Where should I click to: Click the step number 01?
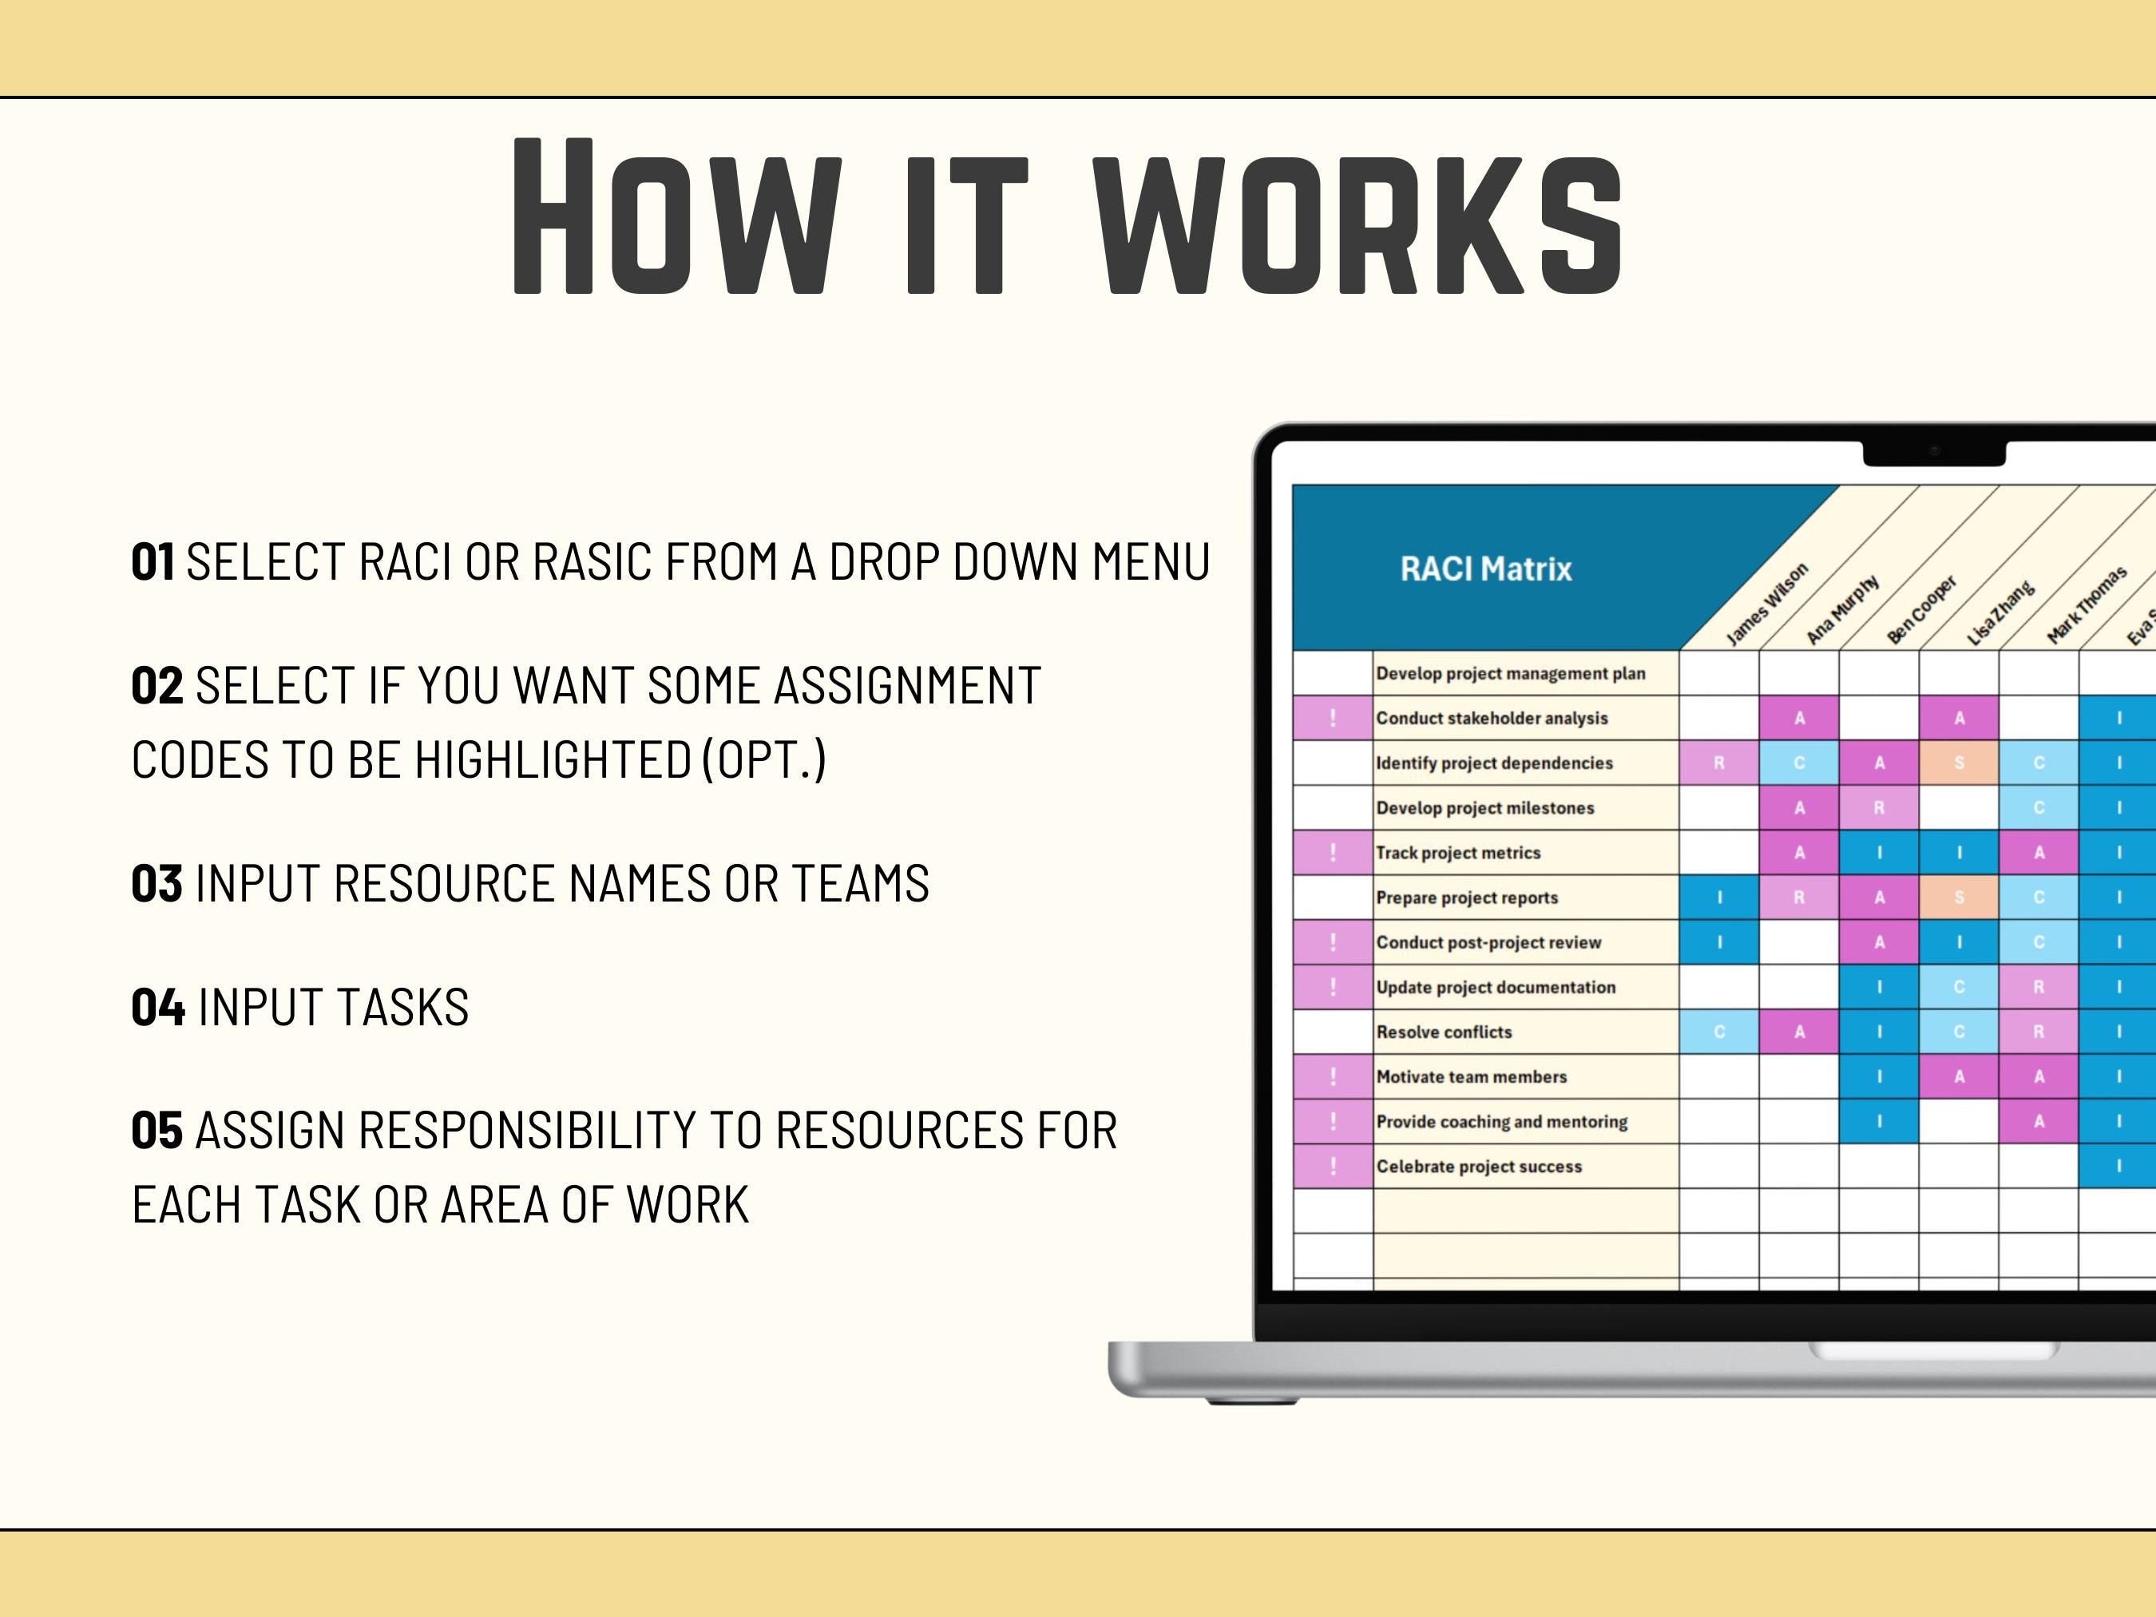pyautogui.click(x=153, y=562)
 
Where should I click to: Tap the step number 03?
pyautogui.click(x=157, y=884)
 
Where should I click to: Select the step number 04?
pyautogui.click(x=158, y=1008)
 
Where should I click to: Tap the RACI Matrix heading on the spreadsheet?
pyautogui.click(x=1485, y=569)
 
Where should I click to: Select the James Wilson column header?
pyautogui.click(x=1766, y=604)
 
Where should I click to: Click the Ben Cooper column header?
pyautogui.click(x=1921, y=610)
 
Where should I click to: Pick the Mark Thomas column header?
pyautogui.click(x=2086, y=605)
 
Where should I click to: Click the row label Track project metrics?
pyautogui.click(x=1458, y=853)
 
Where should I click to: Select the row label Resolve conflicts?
pyautogui.click(x=1444, y=1032)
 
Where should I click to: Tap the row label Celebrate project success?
pyautogui.click(x=1479, y=1167)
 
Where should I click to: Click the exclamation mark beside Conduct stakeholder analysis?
pyautogui.click(x=1333, y=719)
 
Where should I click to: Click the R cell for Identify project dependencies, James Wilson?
pyautogui.click(x=1719, y=763)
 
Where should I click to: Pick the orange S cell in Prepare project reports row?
pyautogui.click(x=1959, y=898)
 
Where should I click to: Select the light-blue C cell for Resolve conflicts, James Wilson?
pyautogui.click(x=1719, y=1032)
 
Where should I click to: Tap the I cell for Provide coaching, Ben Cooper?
pyautogui.click(x=1879, y=1122)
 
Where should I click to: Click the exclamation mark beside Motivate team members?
pyautogui.click(x=1333, y=1077)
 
